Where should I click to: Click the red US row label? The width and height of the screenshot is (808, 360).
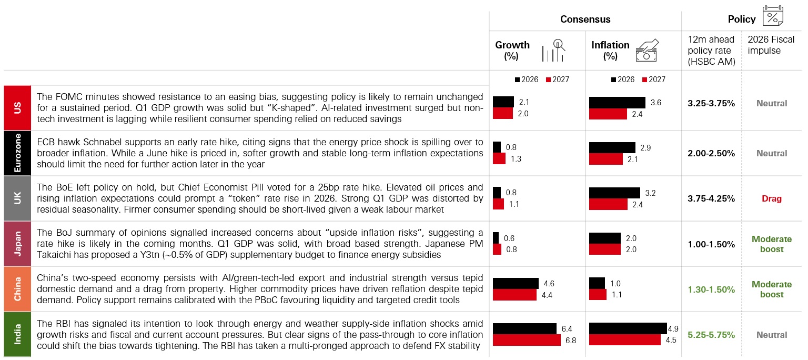pyautogui.click(x=17, y=108)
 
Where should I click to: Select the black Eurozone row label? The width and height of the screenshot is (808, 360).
pyautogui.click(x=17, y=153)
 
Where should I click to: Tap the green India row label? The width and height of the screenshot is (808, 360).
pyautogui.click(x=17, y=334)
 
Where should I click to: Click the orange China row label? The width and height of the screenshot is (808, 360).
pyautogui.click(x=17, y=289)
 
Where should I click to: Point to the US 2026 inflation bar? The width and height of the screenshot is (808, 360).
pyautogui.click(x=617, y=103)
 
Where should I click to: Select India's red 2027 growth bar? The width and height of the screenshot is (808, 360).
pyautogui.click(x=527, y=340)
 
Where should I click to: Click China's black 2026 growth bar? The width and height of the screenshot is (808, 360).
pyautogui.click(x=516, y=284)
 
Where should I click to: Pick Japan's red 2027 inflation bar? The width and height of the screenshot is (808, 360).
pyautogui.click(x=605, y=249)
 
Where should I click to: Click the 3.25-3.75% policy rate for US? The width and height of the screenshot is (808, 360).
pyautogui.click(x=711, y=104)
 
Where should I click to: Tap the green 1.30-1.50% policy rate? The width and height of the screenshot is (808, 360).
pyautogui.click(x=711, y=289)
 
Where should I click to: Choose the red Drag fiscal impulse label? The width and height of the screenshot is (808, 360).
pyautogui.click(x=772, y=199)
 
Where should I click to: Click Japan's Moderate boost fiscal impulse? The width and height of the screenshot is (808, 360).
pyautogui.click(x=772, y=244)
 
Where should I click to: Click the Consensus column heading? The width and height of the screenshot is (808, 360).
pyautogui.click(x=585, y=19)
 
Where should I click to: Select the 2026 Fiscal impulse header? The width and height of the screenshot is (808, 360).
pyautogui.click(x=771, y=45)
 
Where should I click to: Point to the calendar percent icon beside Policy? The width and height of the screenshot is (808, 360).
pyautogui.click(x=773, y=15)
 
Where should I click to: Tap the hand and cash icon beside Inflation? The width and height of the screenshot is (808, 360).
pyautogui.click(x=647, y=50)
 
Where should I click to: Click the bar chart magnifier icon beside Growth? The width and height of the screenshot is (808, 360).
pyautogui.click(x=553, y=50)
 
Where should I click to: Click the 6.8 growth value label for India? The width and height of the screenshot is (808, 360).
pyautogui.click(x=571, y=341)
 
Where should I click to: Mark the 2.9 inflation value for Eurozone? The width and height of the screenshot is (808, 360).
pyautogui.click(x=645, y=148)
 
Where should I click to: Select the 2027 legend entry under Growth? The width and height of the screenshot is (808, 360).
pyautogui.click(x=558, y=79)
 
